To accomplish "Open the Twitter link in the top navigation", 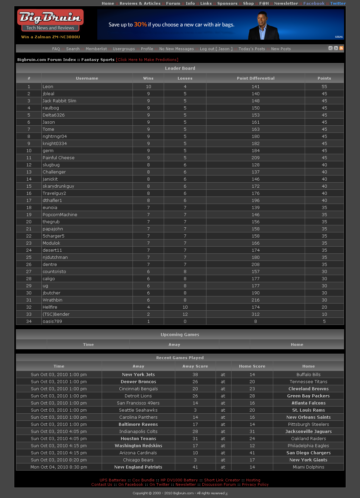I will [338, 3].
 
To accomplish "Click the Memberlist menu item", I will [96, 49].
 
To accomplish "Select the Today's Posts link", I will [252, 49].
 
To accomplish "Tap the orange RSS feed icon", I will [341, 48].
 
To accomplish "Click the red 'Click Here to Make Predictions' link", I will [147, 60].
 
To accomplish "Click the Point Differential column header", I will [256, 78].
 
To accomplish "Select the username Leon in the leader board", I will [48, 87].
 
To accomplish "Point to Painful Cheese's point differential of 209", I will [256, 158].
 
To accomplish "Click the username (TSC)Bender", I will [56, 314].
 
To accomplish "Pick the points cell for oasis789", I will [324, 321].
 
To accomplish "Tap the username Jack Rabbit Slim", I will [59, 101].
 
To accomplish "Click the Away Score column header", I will [195, 366].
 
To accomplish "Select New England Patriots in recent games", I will [138, 467].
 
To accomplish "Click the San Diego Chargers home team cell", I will [308, 453].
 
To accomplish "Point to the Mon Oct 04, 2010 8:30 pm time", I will [59, 467].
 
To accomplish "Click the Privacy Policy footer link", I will [255, 484].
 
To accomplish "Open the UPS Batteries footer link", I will [113, 480].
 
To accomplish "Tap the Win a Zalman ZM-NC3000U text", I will [51, 37].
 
